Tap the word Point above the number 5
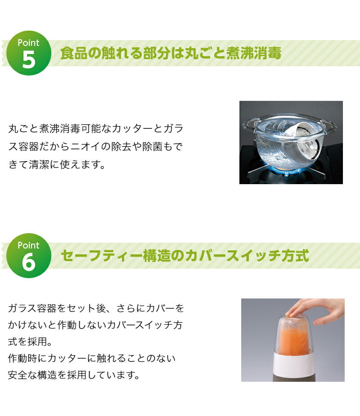[28, 43]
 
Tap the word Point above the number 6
[28, 245]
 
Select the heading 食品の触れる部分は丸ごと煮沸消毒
[171, 53]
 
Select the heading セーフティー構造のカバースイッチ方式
[184, 256]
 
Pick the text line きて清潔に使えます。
[57, 164]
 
